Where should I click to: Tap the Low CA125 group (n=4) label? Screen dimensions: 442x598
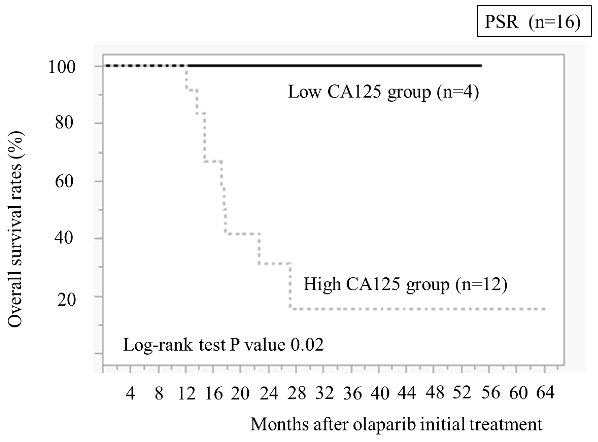pos(383,92)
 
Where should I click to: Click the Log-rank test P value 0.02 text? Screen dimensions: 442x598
pos(223,345)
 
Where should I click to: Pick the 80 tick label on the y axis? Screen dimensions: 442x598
pos(64,123)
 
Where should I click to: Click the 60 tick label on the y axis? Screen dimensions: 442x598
pos(64,182)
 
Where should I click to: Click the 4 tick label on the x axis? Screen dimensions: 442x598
pos(130,394)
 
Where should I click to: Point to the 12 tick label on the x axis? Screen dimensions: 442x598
pos(187,394)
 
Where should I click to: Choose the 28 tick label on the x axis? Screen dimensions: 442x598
pos(297,394)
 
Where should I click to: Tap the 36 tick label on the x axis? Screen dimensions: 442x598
pos(353,394)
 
